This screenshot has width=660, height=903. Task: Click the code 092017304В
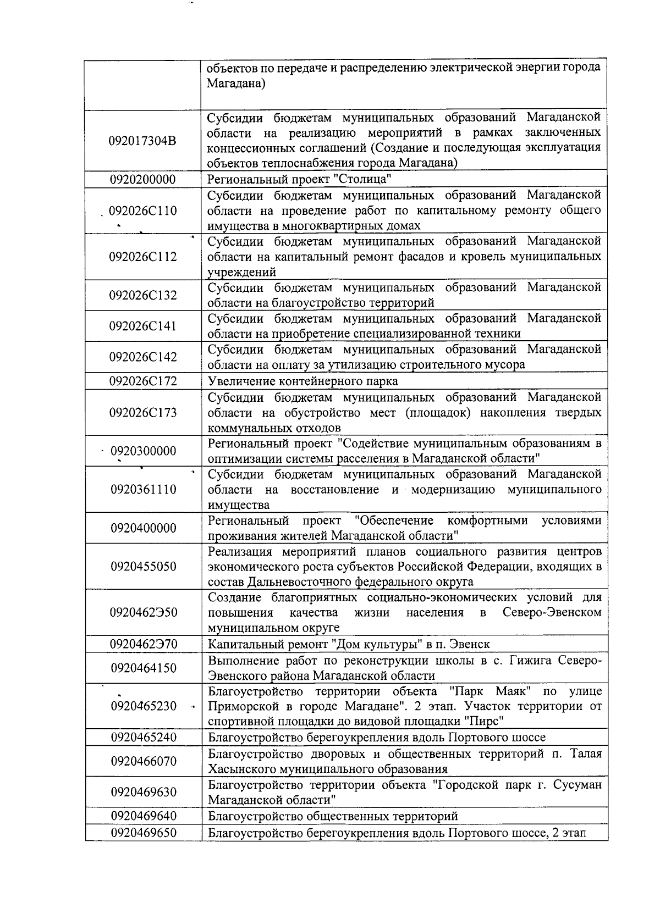143,141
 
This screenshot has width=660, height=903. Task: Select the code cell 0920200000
143,180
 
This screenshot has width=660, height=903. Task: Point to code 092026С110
143,211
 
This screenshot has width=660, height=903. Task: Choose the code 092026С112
143,257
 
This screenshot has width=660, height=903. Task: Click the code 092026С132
143,296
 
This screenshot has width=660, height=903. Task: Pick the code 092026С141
143,326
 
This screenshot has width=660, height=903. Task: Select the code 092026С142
143,357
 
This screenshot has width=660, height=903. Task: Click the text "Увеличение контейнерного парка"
302,381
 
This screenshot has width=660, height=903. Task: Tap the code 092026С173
143,413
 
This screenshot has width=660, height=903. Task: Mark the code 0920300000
144,451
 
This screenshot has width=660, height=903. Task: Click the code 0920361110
144,490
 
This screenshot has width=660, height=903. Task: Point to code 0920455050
144,567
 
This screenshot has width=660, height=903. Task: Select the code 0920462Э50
144,613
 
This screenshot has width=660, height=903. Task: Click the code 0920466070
144,761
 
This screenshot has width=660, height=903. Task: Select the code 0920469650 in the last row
144,833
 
